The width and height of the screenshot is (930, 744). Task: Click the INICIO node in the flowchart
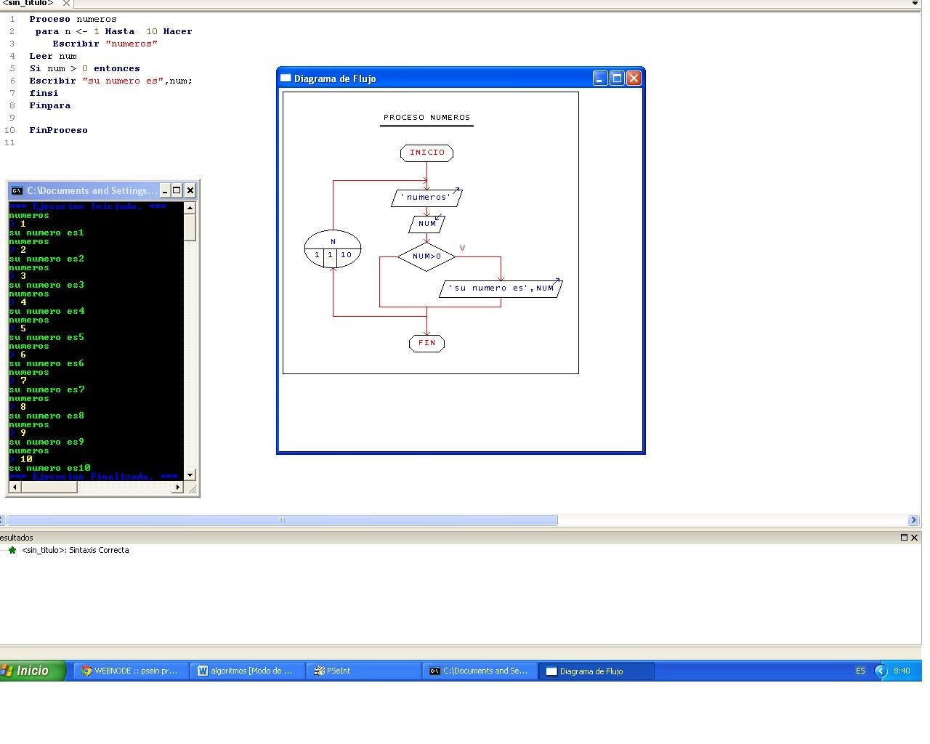(x=426, y=153)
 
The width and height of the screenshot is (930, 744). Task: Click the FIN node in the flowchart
(x=426, y=343)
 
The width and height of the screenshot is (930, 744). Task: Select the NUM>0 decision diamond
(x=426, y=256)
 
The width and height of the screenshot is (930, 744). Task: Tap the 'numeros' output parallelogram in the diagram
(x=426, y=198)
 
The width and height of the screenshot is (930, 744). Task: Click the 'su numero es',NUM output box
(x=501, y=288)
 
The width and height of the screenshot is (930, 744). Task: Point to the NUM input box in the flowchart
(x=426, y=224)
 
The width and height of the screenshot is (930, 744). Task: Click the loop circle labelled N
(x=333, y=249)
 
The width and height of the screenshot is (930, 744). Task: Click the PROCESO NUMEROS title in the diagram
(x=426, y=118)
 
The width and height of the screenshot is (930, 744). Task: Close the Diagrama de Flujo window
(x=634, y=78)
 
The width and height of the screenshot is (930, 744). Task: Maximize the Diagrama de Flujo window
(x=617, y=78)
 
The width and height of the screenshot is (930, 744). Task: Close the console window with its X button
(x=190, y=190)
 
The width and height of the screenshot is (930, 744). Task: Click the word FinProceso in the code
(x=58, y=130)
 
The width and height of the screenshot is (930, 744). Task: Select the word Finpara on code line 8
(x=49, y=105)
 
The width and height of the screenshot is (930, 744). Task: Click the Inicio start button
(x=33, y=671)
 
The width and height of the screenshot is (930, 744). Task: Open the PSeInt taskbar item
(x=363, y=671)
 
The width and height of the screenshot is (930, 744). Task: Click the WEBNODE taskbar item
(x=131, y=671)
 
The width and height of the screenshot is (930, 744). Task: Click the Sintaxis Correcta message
(x=76, y=550)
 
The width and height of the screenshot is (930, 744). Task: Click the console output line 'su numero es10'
(x=49, y=468)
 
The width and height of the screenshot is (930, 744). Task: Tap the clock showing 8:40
(x=901, y=671)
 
